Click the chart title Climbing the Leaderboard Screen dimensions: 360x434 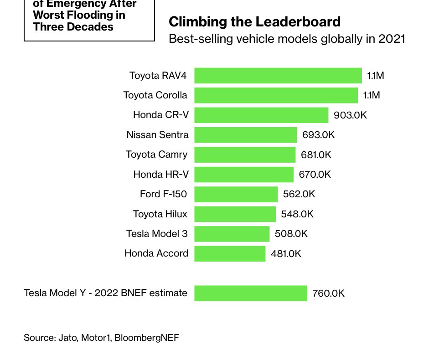pyautogui.click(x=254, y=22)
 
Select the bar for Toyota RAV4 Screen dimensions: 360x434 pyautogui.click(x=278, y=76)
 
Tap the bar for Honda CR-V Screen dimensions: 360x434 pyautogui.click(x=261, y=115)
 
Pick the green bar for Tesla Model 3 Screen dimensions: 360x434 pyautogui.click(x=232, y=234)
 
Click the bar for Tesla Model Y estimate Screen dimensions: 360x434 pyautogui.click(x=251, y=293)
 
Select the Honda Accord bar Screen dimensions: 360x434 pyautogui.click(x=230, y=254)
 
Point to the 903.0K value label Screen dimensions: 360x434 pyautogui.click(x=350, y=115)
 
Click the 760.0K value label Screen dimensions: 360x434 pyautogui.click(x=328, y=293)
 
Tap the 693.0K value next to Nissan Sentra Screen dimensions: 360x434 pyautogui.click(x=319, y=135)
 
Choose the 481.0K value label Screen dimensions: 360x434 pyautogui.click(x=286, y=254)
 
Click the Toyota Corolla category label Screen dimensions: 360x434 pyautogui.click(x=155, y=95)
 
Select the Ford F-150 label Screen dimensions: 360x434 pyautogui.click(x=163, y=194)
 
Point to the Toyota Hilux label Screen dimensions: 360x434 pyautogui.click(x=160, y=214)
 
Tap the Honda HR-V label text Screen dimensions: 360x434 pyautogui.click(x=160, y=175)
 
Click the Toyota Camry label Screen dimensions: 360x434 pyautogui.click(x=156, y=154)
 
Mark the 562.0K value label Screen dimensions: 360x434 pyautogui.click(x=299, y=194)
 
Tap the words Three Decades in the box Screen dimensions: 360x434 pyautogui.click(x=73, y=26)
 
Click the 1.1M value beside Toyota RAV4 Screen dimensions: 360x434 pyautogui.click(x=376, y=76)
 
